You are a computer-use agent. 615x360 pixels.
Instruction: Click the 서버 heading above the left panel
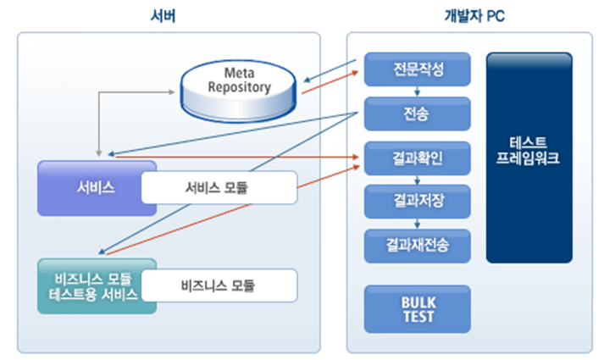[x=169, y=14]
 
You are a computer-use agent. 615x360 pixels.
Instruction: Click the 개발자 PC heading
[x=475, y=14]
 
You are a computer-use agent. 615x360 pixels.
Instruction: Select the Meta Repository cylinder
[x=240, y=89]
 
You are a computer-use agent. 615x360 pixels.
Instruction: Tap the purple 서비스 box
[x=89, y=187]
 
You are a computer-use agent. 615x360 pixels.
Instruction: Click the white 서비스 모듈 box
[x=218, y=187]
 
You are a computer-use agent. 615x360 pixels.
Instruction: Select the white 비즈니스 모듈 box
[x=218, y=285]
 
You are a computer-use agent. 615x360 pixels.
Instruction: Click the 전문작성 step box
[x=417, y=68]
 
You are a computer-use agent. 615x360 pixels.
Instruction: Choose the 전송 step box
[x=417, y=113]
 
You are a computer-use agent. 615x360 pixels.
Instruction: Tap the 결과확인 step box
[x=417, y=158]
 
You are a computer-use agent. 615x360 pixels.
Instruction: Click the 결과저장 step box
[x=417, y=202]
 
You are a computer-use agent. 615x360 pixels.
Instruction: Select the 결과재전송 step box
[x=417, y=246]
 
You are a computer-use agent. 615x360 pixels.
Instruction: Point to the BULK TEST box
[x=417, y=309]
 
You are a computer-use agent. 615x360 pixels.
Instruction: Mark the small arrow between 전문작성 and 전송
[x=417, y=91]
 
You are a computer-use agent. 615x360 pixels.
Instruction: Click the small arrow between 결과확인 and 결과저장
[x=417, y=180]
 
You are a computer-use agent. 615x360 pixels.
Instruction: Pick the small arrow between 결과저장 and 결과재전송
[x=417, y=224]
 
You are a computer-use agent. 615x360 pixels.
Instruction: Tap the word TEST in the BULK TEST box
[x=417, y=317]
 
